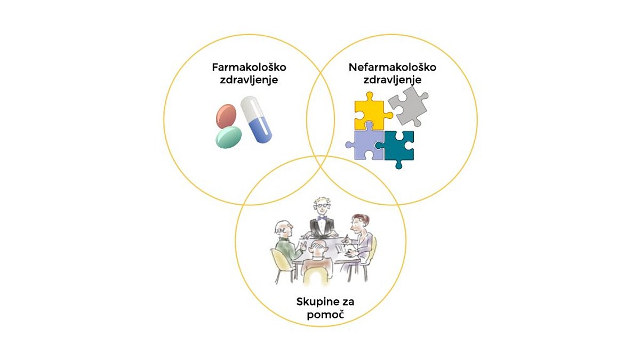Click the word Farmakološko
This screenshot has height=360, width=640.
coord(249,67)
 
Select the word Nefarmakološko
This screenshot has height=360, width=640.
coord(393,67)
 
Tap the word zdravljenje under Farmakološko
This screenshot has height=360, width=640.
coord(249,80)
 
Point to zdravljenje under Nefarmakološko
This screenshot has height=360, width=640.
coord(393,80)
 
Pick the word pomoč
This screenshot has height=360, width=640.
coord(325,315)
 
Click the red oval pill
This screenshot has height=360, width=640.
coord(226,116)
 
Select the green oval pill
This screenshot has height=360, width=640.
coord(228,137)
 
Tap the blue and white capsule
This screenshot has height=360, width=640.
coord(256,119)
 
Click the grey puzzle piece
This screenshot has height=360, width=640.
coord(409,106)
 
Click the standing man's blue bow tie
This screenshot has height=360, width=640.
coord(322,218)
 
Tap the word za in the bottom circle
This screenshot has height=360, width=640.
coord(346,302)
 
